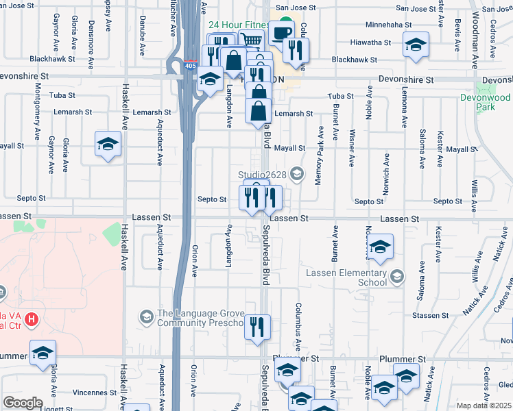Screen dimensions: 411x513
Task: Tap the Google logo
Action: pos(23,403)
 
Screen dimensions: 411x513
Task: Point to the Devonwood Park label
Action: pos(494,103)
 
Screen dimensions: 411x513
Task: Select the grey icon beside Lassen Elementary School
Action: pos(396,277)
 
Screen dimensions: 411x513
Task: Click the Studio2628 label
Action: pos(261,173)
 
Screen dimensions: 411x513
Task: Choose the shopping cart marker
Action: pos(252,41)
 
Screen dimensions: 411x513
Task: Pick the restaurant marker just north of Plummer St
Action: pos(258,327)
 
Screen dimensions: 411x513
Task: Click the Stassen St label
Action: pos(431,316)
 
